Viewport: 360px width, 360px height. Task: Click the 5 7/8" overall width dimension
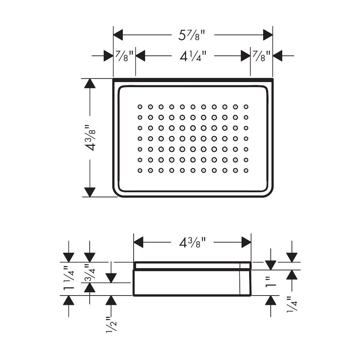[191, 35]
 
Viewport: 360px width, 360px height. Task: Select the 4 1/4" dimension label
[193, 56]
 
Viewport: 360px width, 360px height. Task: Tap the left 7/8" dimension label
[124, 56]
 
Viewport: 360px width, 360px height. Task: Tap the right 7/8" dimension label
[261, 56]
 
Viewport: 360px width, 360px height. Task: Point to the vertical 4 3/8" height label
[90, 138]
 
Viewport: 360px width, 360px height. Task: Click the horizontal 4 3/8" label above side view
[192, 242]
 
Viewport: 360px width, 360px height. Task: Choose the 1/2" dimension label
[111, 324]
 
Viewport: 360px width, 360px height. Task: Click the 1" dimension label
[271, 282]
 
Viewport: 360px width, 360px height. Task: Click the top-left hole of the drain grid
[140, 107]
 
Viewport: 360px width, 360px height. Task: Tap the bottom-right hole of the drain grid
[246, 170]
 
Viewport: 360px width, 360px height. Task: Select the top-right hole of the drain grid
[246, 107]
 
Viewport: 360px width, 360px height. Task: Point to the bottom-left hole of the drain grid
[140, 170]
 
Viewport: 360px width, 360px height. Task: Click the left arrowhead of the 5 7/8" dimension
[118, 35]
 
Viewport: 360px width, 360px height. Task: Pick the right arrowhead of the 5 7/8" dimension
[268, 35]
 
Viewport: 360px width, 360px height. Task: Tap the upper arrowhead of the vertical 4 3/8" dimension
[90, 84]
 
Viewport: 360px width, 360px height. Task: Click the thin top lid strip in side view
[192, 265]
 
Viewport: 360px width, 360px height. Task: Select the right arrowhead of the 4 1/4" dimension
[246, 56]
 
